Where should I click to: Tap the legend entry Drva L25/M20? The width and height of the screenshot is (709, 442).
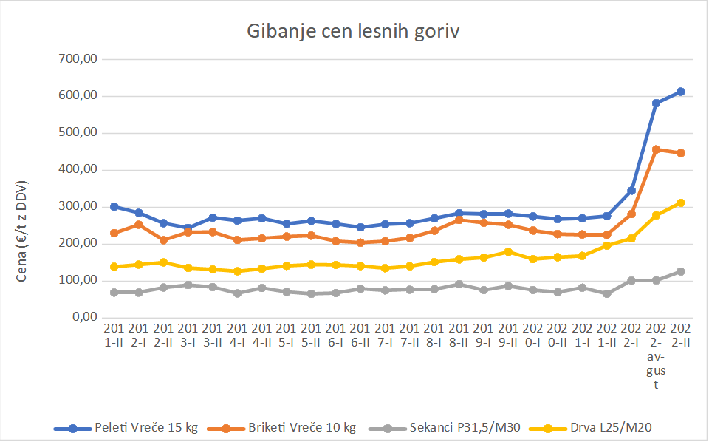pos(595,427)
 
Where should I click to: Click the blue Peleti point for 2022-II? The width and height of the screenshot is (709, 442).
pos(681,92)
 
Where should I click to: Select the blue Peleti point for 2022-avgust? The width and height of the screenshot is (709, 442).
pos(656,103)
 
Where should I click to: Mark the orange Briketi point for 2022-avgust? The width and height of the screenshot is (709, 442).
pos(656,149)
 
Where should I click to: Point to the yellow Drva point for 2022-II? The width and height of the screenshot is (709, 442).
pos(681,203)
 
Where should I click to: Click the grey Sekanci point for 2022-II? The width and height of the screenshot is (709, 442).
pos(681,271)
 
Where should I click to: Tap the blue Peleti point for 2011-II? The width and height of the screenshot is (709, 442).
pos(114,207)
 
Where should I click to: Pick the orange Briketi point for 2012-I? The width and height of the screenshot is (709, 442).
pos(138,224)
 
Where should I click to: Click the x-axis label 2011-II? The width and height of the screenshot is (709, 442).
pos(114,335)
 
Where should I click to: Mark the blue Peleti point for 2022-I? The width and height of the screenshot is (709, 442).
pos(631,191)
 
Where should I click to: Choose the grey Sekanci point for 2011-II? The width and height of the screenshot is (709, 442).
pos(114,293)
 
